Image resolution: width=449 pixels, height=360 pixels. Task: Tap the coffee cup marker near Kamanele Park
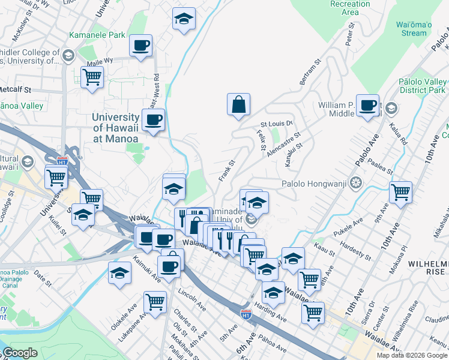(140, 46)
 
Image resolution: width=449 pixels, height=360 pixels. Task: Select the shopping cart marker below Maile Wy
(92, 77)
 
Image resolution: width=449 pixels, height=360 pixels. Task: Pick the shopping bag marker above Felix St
(238, 104)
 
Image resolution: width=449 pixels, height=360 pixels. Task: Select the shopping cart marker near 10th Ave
(400, 193)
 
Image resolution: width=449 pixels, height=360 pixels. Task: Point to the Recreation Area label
(350, 8)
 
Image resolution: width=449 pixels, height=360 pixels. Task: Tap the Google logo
(20, 353)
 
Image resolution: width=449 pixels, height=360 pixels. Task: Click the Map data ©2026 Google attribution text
(411, 355)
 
